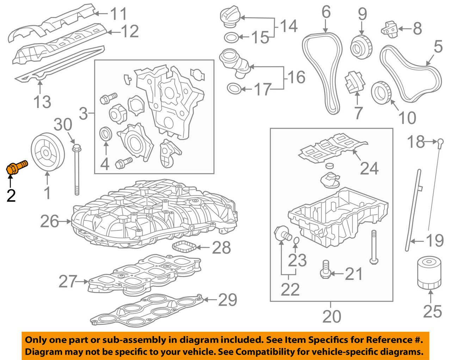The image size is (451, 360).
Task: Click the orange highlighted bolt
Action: pyautogui.click(x=17, y=167)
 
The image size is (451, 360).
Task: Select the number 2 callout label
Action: pyautogui.click(x=11, y=195)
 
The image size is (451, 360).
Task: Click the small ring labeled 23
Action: pyautogui.click(x=296, y=241)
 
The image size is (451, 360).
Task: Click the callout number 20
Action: pyautogui.click(x=332, y=316)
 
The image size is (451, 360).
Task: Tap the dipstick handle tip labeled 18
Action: pyautogui.click(x=440, y=142)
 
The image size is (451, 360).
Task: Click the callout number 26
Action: pyautogui.click(x=49, y=222)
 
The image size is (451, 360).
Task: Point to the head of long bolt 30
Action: pyautogui.click(x=75, y=146)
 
